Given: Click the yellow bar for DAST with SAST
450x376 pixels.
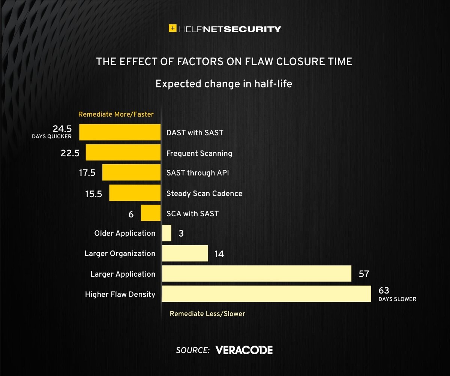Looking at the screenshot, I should [x=120, y=133].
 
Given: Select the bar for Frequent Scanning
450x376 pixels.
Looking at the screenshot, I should [x=123, y=153].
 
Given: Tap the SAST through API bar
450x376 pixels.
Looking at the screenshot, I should [x=131, y=173].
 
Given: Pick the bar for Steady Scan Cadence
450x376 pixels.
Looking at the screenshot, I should [x=135, y=193].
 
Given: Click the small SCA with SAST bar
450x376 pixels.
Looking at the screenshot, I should [x=150, y=213].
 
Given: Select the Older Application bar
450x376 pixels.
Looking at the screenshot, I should [x=166, y=233].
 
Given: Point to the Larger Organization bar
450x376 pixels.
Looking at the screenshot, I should [x=185, y=253].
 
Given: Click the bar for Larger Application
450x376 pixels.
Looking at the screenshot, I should [x=256, y=274].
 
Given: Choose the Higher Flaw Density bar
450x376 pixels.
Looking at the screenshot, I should [x=266, y=294].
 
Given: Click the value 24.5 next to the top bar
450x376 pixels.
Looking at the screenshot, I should [x=62, y=129].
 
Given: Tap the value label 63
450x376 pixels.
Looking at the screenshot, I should [x=384, y=291].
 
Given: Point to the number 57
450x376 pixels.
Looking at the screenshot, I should [x=364, y=274].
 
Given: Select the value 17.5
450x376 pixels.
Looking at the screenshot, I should [x=87, y=173].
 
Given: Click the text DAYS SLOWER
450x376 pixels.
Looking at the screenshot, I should [x=397, y=300].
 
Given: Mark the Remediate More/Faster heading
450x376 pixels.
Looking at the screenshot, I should [x=116, y=114].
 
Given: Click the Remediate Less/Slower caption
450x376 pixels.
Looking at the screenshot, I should [x=207, y=314].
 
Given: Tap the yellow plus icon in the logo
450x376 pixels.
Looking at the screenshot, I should [x=172, y=28].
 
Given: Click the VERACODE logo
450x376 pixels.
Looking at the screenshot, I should [x=244, y=350].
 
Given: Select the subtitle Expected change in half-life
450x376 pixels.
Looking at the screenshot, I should [x=224, y=84].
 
